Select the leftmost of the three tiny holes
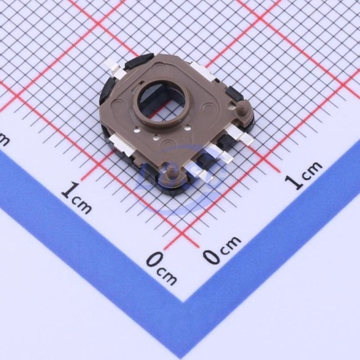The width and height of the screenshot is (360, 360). (137, 130)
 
